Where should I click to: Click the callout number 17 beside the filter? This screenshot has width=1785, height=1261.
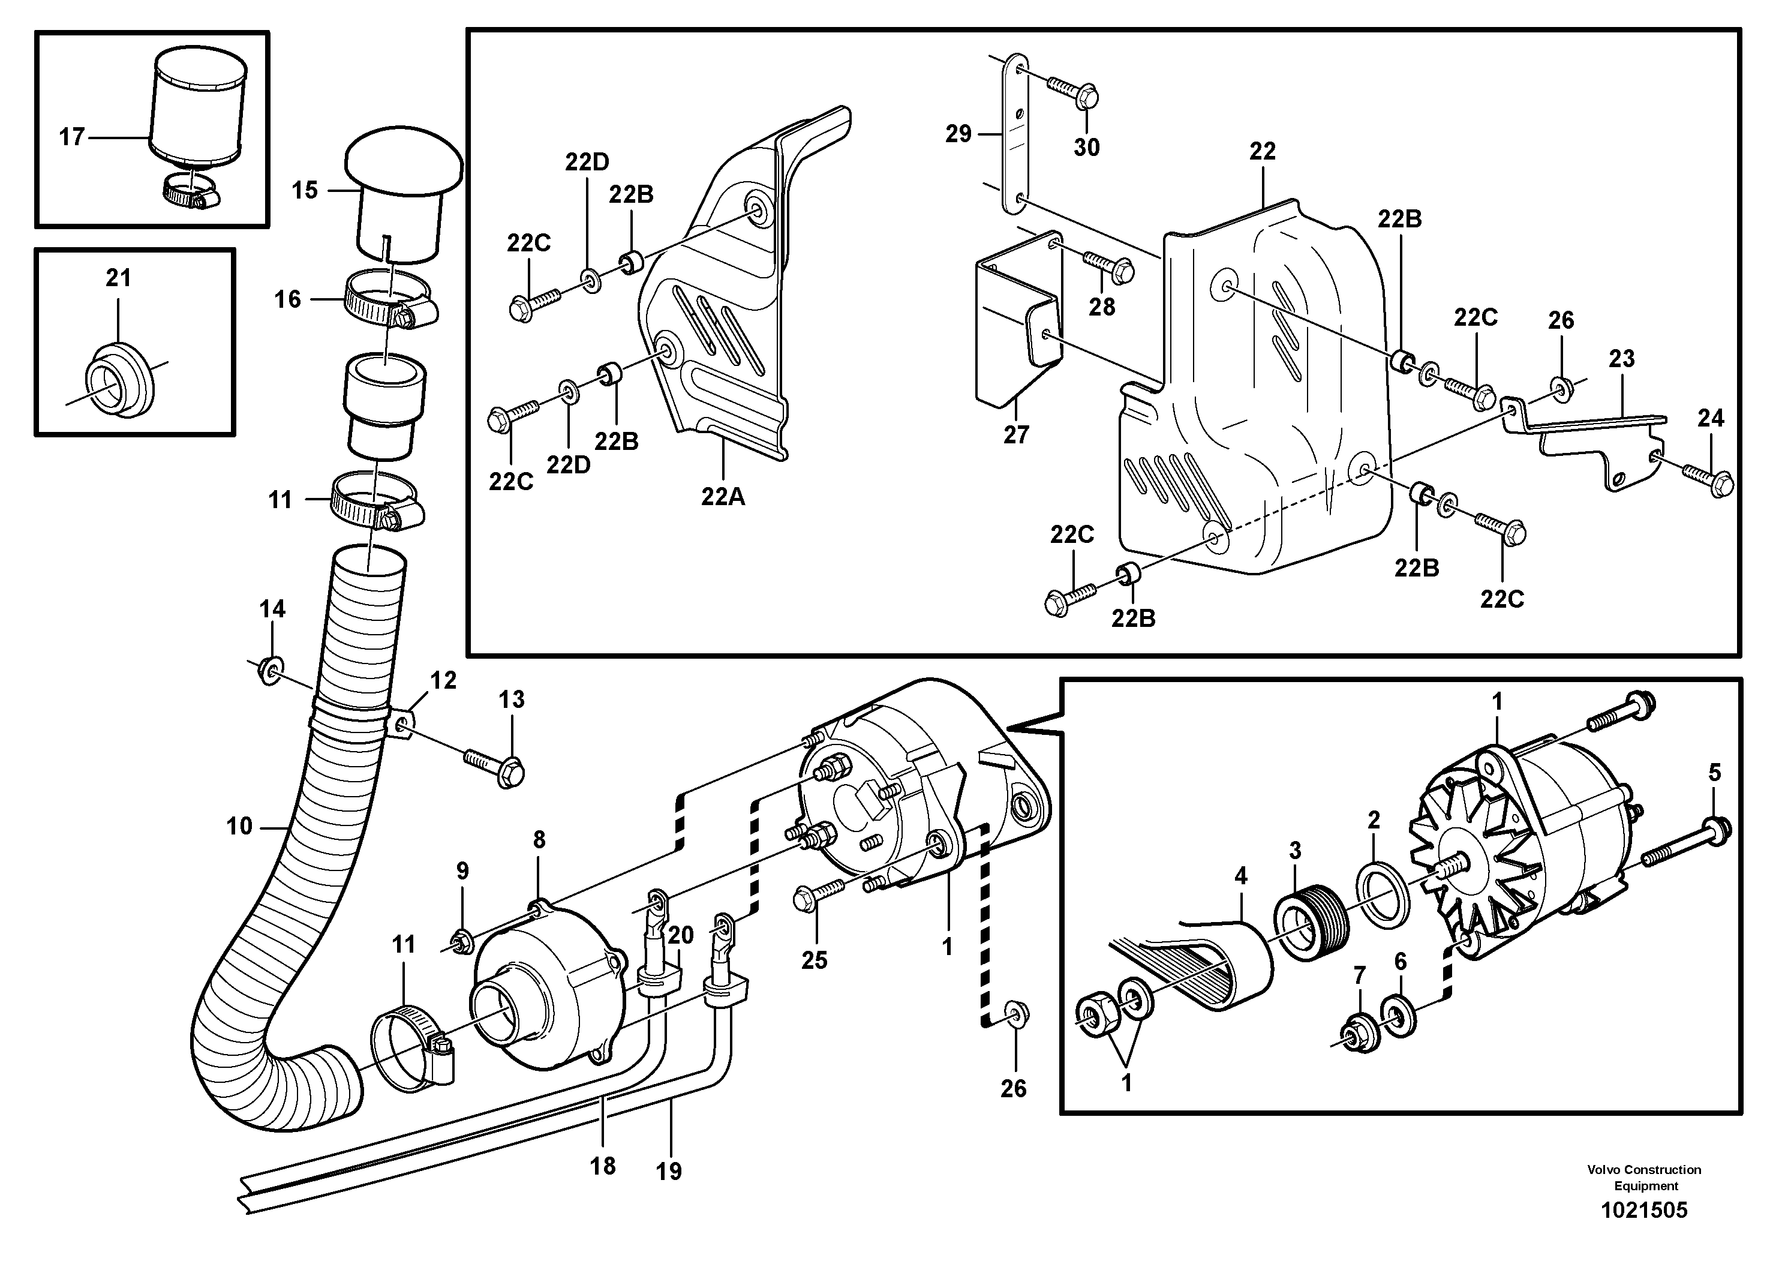(71, 137)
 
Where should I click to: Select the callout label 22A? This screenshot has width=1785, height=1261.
(722, 496)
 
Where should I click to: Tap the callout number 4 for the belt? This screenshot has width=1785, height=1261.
(1241, 876)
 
